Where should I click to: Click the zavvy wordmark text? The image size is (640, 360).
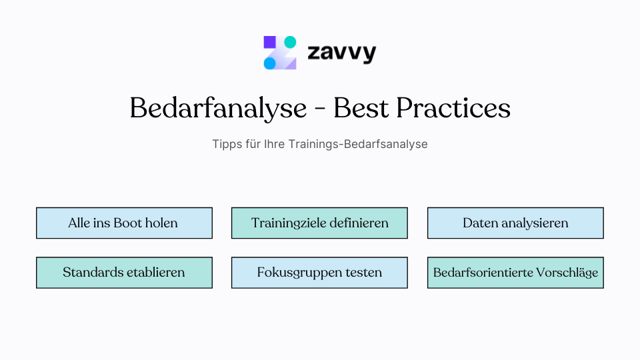341,53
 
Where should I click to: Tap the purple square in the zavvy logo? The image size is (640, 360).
269,42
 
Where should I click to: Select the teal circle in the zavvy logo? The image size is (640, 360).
290,42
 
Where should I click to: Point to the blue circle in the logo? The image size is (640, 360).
269,63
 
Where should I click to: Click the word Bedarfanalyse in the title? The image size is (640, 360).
217,109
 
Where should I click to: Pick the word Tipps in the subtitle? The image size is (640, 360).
225,144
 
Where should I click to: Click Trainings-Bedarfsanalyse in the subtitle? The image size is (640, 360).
358,144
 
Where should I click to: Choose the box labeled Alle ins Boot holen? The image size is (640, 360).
124,223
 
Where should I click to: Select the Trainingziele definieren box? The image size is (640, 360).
319,223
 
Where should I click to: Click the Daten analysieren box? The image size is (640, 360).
515,223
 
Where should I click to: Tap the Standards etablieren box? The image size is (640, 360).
124,273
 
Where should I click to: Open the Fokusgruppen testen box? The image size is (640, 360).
319,273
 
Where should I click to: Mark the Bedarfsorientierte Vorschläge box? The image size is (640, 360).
515,273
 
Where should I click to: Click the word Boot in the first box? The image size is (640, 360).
127,223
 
